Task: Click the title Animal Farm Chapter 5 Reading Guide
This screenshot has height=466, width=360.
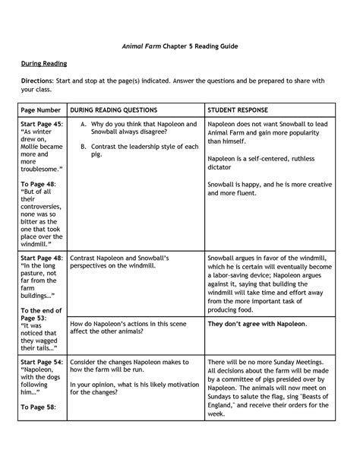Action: [179, 46]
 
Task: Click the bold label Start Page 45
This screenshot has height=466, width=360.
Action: [43, 123]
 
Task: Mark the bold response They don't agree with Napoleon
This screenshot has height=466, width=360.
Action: [257, 324]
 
